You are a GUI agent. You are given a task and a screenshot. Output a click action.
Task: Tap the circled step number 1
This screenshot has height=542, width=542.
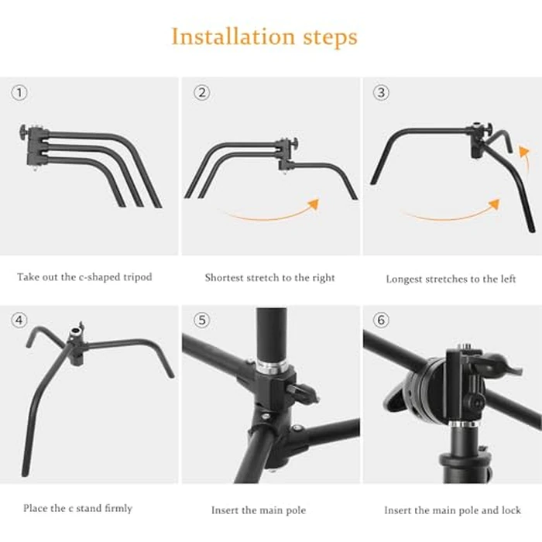click(20, 93)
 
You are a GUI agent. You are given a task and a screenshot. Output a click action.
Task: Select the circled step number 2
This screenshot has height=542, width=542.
click(202, 93)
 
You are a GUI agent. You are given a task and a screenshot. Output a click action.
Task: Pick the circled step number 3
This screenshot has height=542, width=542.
click(381, 93)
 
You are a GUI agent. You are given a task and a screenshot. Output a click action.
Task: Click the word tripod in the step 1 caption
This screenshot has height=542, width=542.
click(138, 277)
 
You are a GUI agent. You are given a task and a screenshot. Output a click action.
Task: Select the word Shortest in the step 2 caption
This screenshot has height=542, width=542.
click(225, 277)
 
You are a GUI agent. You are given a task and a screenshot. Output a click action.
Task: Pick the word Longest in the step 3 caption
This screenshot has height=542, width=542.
click(404, 279)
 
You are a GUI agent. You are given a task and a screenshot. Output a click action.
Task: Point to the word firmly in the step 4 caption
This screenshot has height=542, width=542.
click(117, 509)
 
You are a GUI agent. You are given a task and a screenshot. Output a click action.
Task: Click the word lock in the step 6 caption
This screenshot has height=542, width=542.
click(509, 510)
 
